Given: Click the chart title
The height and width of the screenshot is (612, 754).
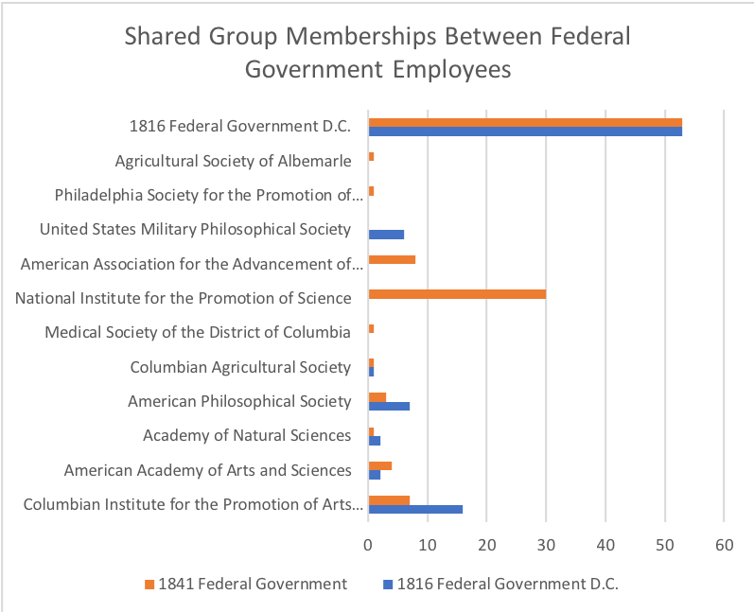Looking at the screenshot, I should [377, 53].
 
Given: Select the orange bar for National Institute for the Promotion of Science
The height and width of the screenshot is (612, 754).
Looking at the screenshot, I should [457, 294].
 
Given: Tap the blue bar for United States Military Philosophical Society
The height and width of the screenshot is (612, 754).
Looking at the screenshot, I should [386, 235].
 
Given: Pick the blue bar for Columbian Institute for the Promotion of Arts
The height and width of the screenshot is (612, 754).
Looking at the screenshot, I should [415, 509].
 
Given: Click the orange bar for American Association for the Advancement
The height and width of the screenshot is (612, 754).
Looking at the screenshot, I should [392, 259].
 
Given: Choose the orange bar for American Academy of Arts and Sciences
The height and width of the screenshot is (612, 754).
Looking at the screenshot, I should [379, 465].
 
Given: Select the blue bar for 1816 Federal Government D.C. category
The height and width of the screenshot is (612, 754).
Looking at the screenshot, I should [525, 131].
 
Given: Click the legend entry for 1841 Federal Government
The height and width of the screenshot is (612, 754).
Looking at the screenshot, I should [245, 584].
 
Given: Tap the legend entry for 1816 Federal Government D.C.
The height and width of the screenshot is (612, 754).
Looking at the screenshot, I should [498, 584].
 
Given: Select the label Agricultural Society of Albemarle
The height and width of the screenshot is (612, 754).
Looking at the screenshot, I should [234, 161].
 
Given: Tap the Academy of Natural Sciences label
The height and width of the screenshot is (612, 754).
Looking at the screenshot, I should [247, 435].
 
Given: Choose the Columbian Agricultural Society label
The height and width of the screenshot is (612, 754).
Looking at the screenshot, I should [240, 367].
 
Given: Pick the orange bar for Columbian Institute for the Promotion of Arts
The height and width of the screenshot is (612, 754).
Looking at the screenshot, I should [389, 499].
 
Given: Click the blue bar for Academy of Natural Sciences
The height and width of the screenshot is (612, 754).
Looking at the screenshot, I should [375, 440].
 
